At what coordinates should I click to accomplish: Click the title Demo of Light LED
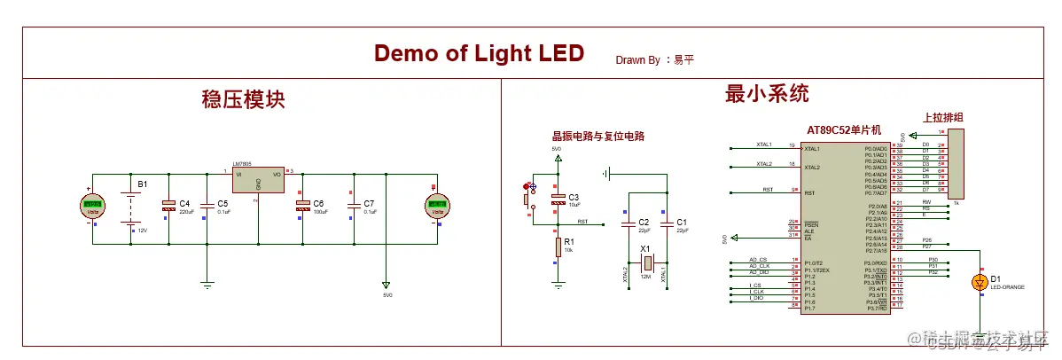(x=479, y=53)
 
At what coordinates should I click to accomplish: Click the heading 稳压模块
(x=243, y=98)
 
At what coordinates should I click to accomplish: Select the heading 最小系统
(x=767, y=93)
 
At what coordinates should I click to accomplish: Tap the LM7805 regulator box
(x=258, y=180)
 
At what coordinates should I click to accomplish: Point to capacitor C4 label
(x=184, y=204)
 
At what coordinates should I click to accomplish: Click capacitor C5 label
(x=223, y=204)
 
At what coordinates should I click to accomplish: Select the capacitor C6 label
(x=318, y=204)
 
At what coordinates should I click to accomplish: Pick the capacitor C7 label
(x=369, y=204)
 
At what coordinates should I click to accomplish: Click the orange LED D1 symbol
(x=980, y=282)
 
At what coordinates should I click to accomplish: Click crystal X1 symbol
(x=648, y=262)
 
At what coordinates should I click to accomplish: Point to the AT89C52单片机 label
(x=843, y=130)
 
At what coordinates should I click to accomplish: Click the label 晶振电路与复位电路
(x=597, y=137)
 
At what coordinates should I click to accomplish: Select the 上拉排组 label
(x=942, y=117)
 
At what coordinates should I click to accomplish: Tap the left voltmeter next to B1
(x=91, y=207)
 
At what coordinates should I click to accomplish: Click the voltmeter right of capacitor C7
(x=436, y=207)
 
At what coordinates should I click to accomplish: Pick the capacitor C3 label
(x=574, y=197)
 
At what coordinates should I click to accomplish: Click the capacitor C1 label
(x=681, y=222)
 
